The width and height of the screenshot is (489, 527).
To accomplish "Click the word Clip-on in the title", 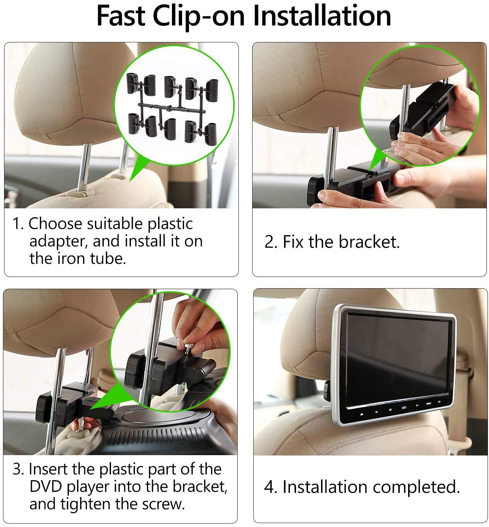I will (x=198, y=16).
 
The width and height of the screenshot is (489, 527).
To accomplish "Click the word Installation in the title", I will (x=322, y=16).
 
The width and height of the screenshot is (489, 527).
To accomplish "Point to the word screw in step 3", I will (x=163, y=504).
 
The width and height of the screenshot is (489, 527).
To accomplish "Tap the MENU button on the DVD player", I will (x=428, y=404).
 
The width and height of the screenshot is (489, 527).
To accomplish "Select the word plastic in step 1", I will (x=170, y=224).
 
